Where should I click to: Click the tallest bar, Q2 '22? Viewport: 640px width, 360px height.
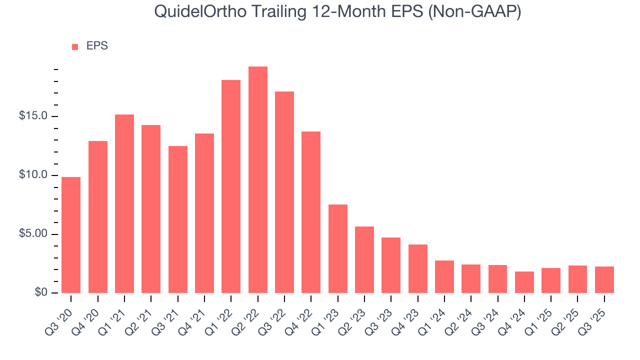click(258, 180)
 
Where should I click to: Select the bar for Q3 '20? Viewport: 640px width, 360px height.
click(71, 235)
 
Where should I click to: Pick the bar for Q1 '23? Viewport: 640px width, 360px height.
click(338, 248)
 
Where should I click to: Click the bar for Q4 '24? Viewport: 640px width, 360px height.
click(524, 282)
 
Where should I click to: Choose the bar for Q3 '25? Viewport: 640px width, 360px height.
click(604, 279)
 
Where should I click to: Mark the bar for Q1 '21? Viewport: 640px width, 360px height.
click(124, 203)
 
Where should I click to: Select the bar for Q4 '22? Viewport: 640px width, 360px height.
click(311, 212)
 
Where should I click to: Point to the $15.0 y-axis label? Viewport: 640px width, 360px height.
click(33, 116)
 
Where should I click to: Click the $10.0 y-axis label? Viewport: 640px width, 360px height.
click(33, 175)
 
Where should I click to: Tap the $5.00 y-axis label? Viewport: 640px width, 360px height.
click(33, 234)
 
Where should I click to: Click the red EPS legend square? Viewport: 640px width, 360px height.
click(75, 46)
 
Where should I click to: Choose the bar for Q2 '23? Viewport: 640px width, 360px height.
click(364, 259)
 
